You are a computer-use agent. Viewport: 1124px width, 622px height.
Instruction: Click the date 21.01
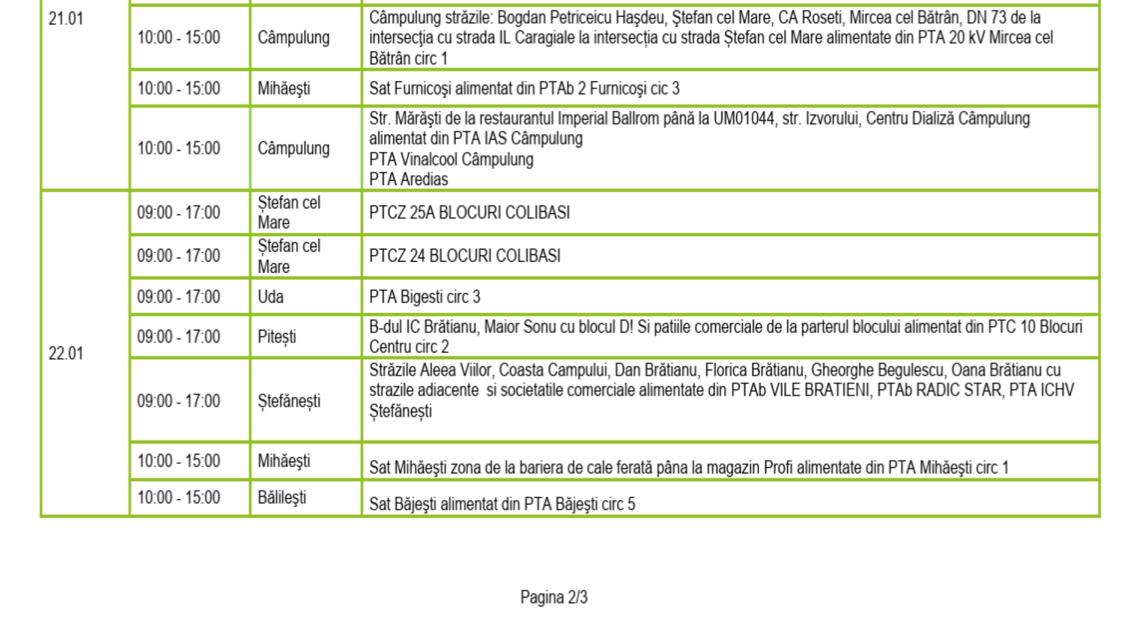click(x=66, y=19)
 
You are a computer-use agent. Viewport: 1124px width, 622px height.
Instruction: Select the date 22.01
click(x=66, y=354)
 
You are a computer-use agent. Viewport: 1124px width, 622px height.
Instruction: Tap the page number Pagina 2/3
click(x=553, y=597)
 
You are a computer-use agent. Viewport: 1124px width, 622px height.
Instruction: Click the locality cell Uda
click(x=271, y=297)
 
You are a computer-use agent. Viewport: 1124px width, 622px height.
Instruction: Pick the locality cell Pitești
click(x=277, y=337)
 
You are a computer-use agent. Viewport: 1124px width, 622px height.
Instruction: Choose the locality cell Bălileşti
click(x=282, y=498)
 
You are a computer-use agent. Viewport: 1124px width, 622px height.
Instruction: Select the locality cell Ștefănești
click(x=289, y=401)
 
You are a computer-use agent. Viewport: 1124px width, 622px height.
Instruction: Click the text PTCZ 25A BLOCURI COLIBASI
click(x=469, y=213)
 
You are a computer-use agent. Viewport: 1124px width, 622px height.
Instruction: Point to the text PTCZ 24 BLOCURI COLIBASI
click(x=464, y=256)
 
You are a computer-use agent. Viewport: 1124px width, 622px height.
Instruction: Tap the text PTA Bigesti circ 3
click(x=424, y=297)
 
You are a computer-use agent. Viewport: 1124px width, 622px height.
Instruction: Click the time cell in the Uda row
click(x=178, y=297)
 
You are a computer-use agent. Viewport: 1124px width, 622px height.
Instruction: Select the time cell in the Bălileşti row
click(x=178, y=498)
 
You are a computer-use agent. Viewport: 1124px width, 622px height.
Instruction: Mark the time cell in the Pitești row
click(x=178, y=337)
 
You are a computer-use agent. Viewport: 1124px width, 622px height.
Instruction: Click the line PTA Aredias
click(x=408, y=179)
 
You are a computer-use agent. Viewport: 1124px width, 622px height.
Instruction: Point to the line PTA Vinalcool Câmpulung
click(x=451, y=159)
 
